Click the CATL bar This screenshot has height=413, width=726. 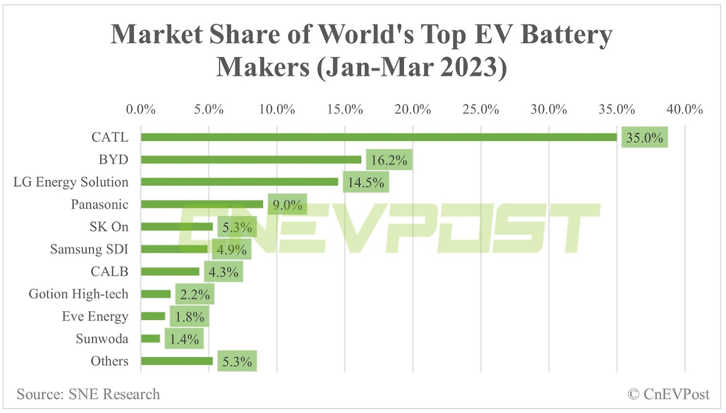(378, 137)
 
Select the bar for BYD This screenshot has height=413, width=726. (251, 159)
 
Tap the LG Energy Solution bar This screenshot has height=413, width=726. (239, 182)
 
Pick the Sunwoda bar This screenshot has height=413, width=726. (150, 339)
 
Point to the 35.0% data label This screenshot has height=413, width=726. (644, 137)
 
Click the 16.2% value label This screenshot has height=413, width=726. (389, 161)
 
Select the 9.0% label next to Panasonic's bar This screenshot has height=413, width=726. (287, 205)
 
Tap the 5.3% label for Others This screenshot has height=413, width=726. (237, 361)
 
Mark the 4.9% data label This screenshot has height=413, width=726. (230, 250)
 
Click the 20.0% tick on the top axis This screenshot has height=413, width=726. (413, 109)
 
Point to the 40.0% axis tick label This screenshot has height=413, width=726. (685, 109)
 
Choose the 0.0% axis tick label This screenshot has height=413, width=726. (141, 109)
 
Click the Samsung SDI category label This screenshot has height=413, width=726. (89, 249)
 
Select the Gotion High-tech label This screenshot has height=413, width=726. (79, 294)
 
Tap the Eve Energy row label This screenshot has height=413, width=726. (95, 317)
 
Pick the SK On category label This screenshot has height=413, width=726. (108, 227)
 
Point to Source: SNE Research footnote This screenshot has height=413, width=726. (88, 394)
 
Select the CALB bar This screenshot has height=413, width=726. (170, 272)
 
